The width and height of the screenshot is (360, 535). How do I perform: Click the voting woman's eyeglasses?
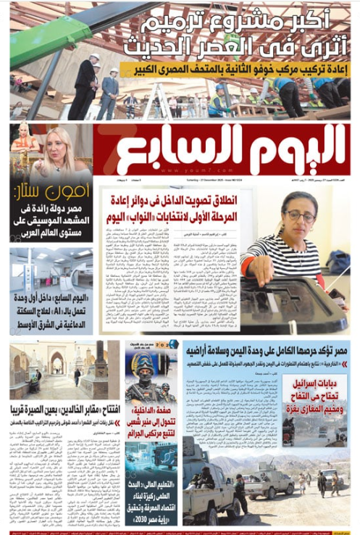[301, 217]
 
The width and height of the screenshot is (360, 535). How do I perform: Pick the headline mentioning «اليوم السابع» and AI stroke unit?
[51, 312]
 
